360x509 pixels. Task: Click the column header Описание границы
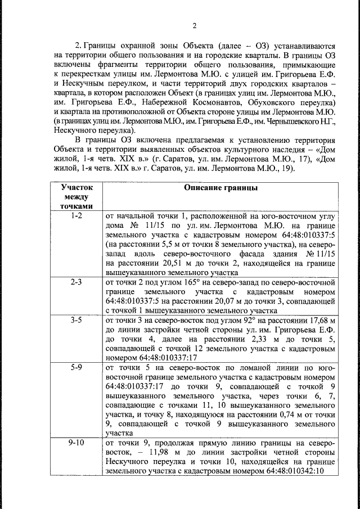(220, 188)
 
